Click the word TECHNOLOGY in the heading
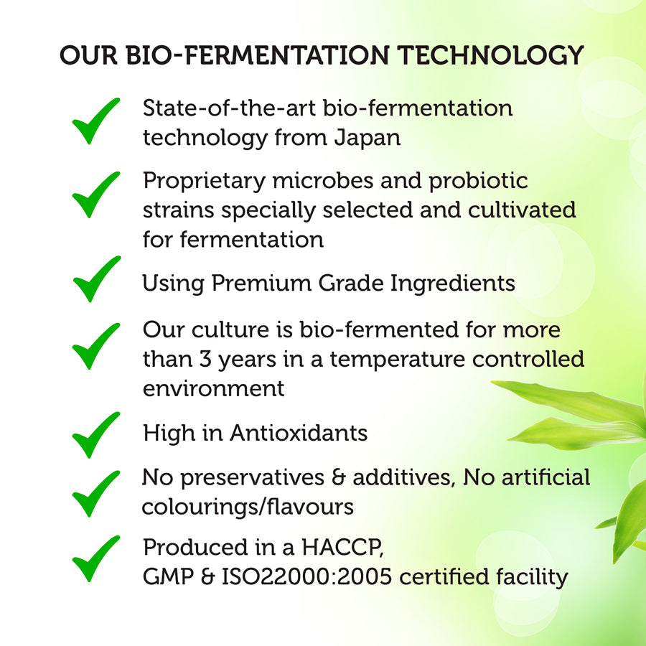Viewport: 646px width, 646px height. click(490, 55)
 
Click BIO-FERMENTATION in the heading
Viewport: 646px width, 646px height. click(258, 55)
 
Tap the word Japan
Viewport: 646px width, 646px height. click(367, 139)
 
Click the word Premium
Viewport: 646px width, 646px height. click(261, 284)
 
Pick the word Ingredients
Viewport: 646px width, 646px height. click(452, 284)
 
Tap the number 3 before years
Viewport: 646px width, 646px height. click(205, 360)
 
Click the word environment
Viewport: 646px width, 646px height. click(213, 389)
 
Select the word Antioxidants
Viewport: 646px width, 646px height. click(299, 434)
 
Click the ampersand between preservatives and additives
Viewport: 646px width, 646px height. click(338, 478)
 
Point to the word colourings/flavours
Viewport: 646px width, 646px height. click(248, 507)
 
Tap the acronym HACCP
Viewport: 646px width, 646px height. click(342, 548)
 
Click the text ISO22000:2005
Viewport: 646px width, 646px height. click(307, 577)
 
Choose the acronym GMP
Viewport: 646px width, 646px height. click(168, 577)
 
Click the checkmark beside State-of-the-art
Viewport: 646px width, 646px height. click(96, 121)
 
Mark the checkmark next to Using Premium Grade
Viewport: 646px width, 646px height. click(97, 279)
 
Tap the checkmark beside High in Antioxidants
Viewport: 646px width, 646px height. click(96, 435)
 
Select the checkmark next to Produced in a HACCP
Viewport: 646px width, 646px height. click(96, 558)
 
